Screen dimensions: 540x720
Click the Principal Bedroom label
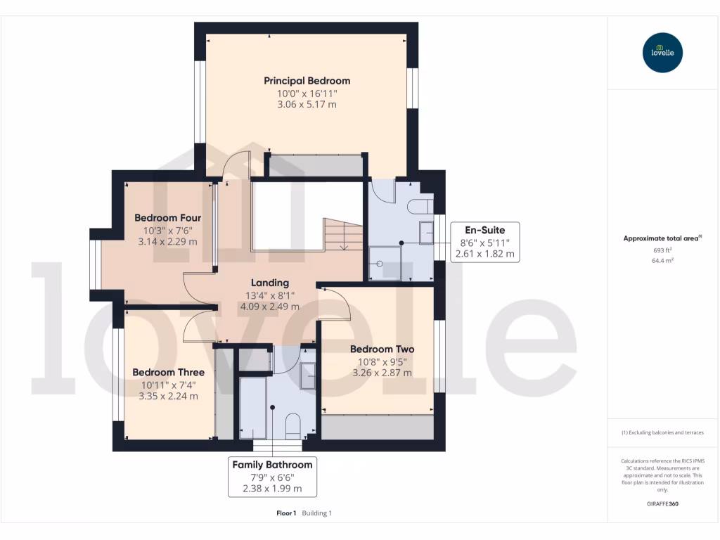point(307,80)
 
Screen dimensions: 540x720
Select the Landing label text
point(270,283)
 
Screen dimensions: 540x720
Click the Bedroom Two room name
point(382,349)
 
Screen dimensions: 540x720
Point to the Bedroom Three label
point(169,372)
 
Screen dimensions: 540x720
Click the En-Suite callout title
point(484,229)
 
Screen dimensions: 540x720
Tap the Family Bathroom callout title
point(272,465)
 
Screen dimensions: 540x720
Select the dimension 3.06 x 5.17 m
point(307,105)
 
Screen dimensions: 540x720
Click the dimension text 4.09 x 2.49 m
point(270,307)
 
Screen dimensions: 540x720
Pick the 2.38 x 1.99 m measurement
point(272,489)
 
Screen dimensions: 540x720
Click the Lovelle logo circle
point(662,53)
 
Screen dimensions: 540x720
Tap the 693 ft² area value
point(662,250)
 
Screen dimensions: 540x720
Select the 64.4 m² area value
point(662,261)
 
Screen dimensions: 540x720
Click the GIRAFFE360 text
point(662,503)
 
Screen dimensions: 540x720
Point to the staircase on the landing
point(342,234)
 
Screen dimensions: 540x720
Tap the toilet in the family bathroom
point(292,425)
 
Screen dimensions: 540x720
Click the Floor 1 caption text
point(286,513)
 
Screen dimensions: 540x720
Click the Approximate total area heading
point(662,238)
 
